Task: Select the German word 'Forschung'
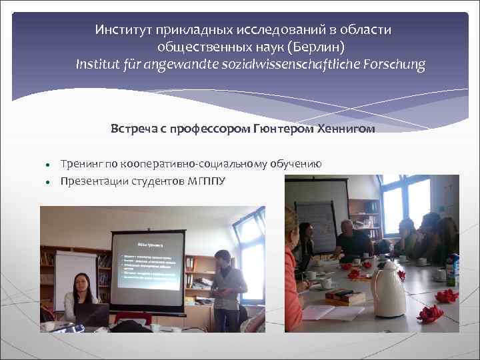(x=391, y=65)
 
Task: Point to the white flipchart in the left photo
(x=75, y=273)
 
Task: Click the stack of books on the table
(x=345, y=297)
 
